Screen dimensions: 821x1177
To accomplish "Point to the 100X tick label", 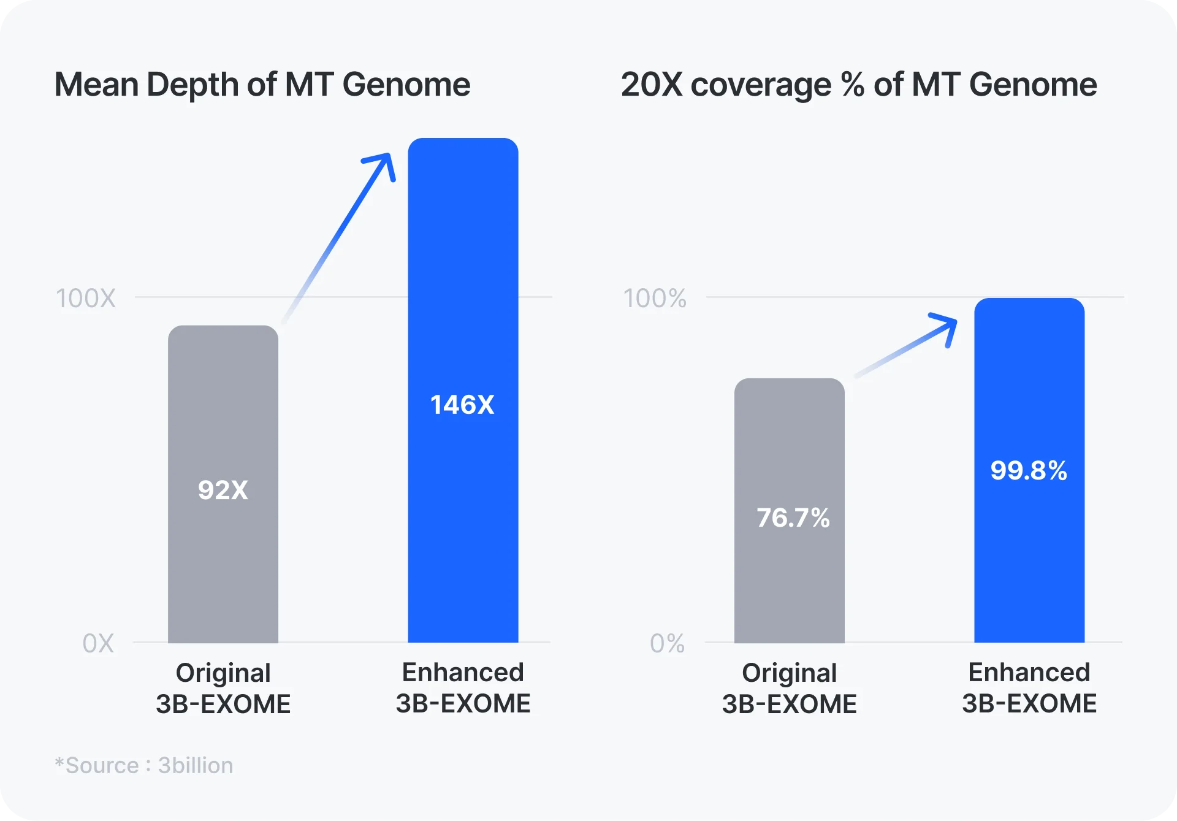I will click(86, 299).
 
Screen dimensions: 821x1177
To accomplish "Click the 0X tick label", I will click(98, 644).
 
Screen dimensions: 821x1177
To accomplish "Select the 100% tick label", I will click(655, 299).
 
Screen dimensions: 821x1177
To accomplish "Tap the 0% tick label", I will click(667, 644).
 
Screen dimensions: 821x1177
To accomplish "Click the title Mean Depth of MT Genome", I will click(262, 85).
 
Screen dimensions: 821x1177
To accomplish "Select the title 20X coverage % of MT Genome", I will click(859, 85).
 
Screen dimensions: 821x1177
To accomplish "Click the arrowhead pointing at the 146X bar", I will click(383, 164).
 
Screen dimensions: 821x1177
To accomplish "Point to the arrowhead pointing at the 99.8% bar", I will click(946, 326).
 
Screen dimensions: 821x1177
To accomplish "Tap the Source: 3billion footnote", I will click(144, 765).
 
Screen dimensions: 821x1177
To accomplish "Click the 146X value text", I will click(462, 405).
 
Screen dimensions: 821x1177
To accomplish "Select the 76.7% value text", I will click(793, 518).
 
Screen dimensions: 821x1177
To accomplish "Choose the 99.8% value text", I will click(1029, 471).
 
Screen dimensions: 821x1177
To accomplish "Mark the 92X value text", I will click(223, 490).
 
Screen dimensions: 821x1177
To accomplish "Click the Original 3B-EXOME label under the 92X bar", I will click(223, 688).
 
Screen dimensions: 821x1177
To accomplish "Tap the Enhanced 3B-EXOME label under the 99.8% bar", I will click(1029, 688).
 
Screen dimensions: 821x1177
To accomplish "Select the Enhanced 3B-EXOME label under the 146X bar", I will click(463, 688).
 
